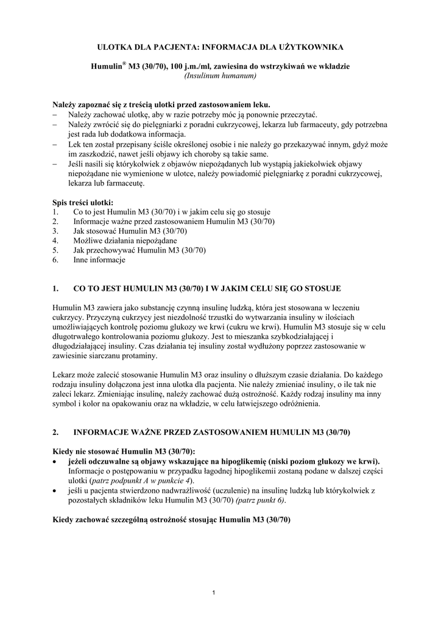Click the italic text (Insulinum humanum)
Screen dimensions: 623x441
[220, 76]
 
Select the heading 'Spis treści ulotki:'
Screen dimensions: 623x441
[83, 203]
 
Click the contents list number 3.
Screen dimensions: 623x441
[55, 231]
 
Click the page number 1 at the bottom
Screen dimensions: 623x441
[215, 593]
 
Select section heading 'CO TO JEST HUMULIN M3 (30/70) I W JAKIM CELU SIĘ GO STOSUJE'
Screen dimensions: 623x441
[206, 288]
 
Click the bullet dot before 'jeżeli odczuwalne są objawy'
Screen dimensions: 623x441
[55, 461]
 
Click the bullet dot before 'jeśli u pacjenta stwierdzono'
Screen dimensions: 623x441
[55, 490]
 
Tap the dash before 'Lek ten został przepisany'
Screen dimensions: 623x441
[55, 145]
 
